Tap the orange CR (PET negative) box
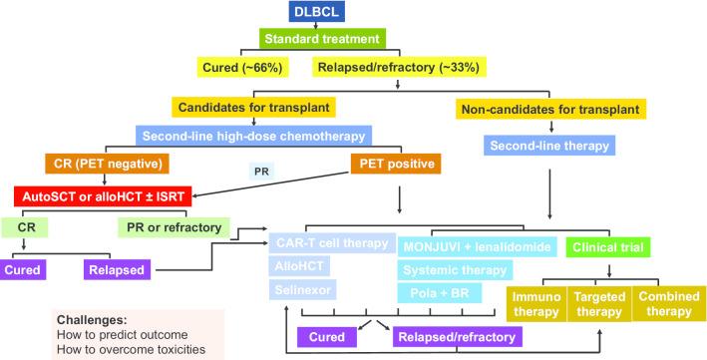106,162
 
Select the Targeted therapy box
602,303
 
